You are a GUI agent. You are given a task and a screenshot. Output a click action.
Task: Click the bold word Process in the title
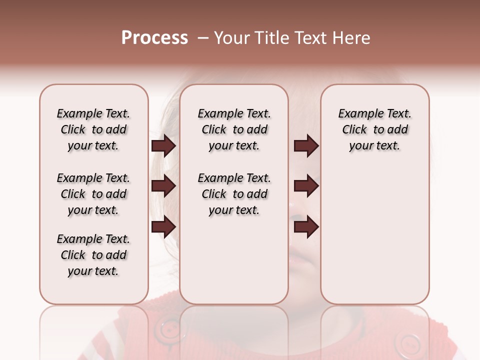pyautogui.click(x=154, y=38)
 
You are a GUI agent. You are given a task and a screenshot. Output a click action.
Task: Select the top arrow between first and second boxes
pyautogui.click(x=163, y=146)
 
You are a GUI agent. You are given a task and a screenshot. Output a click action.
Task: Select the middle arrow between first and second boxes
pyautogui.click(x=163, y=186)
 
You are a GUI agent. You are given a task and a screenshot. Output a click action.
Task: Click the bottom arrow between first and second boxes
pyautogui.click(x=163, y=227)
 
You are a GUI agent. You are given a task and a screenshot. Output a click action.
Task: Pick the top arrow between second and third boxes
pyautogui.click(x=306, y=146)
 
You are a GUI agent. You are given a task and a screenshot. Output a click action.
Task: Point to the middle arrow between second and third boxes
pyautogui.click(x=306, y=186)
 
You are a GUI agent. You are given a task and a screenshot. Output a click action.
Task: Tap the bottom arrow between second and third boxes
pyautogui.click(x=306, y=227)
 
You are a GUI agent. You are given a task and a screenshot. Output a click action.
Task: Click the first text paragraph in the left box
pyautogui.click(x=93, y=129)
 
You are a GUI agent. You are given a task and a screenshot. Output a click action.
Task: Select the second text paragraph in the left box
pyautogui.click(x=93, y=194)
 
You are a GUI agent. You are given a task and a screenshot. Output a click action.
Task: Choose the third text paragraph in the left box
pyautogui.click(x=93, y=255)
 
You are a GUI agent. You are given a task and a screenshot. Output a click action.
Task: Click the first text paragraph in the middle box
pyautogui.click(x=234, y=129)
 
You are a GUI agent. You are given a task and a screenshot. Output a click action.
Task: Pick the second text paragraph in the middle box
pyautogui.click(x=234, y=194)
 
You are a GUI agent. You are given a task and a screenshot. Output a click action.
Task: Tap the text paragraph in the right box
pyautogui.click(x=374, y=129)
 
